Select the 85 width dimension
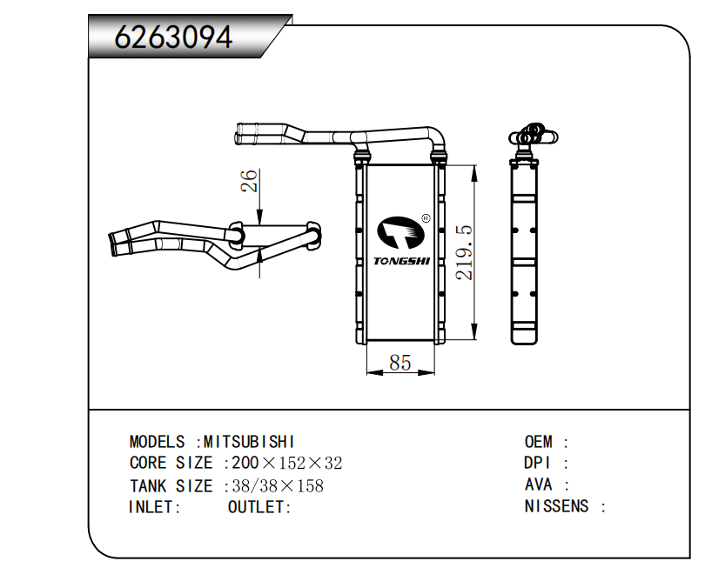coord(399,362)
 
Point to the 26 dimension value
coord(250,181)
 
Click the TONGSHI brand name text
coord(401,260)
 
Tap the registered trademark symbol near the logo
coord(425,218)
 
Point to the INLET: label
coord(155,507)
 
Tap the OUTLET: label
coord(259,507)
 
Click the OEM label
coord(539,442)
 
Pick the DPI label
coord(537,464)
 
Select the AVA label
coord(537,485)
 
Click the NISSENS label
coord(556,506)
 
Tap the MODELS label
coord(158,442)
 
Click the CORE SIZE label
coord(171,464)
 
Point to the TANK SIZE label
coord(171,486)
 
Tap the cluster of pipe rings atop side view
coord(530,135)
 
